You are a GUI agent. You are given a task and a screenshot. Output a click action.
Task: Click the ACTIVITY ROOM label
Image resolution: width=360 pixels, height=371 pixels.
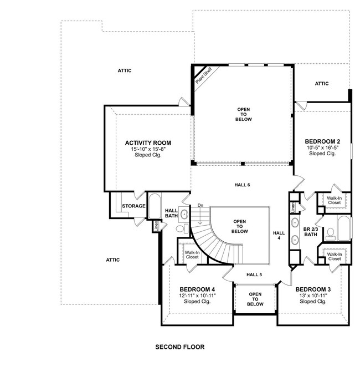pos(147,143)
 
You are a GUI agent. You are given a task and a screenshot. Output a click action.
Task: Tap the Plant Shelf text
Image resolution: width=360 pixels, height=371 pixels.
pos(203,76)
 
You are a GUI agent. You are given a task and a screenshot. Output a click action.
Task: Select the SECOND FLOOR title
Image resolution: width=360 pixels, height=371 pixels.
pos(179,347)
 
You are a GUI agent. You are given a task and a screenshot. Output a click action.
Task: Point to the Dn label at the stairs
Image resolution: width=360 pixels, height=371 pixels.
pos(200,206)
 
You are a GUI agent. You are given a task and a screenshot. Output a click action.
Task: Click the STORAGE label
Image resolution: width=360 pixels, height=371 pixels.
pos(133,206)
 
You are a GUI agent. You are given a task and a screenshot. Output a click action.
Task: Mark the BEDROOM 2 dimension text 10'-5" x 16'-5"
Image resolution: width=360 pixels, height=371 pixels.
pos(322,148)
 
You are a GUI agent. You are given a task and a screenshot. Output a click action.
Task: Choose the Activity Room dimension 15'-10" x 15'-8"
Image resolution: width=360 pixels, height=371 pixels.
pos(147,149)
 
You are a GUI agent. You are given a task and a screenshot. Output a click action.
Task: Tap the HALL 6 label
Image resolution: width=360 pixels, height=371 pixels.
pos(241,184)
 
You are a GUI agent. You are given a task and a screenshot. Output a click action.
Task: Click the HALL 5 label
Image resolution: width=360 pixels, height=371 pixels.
pos(254,275)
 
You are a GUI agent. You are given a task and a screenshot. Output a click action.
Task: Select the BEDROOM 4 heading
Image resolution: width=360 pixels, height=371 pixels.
pos(197,289)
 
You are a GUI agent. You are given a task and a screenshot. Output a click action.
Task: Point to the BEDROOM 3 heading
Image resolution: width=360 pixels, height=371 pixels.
pos(313,289)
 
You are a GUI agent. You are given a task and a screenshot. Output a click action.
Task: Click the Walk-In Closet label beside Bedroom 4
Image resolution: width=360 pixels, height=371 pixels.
pos(192,255)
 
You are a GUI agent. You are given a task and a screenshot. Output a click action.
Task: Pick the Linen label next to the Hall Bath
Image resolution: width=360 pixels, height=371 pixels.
pos(157,226)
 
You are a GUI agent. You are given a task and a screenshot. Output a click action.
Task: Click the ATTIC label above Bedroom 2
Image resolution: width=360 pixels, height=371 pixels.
pos(322,84)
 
